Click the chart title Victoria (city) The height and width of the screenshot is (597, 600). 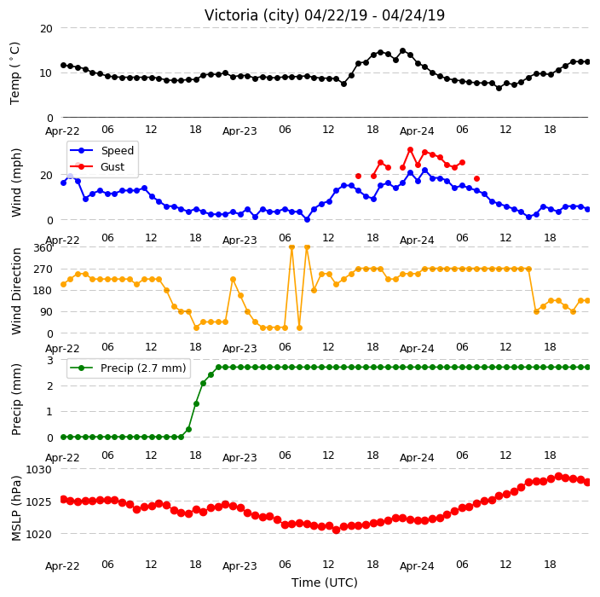point(252,15)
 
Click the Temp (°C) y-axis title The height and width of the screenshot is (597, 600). point(15,72)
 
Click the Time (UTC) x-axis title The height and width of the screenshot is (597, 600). point(325,583)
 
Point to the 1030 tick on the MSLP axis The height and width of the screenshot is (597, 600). point(38,469)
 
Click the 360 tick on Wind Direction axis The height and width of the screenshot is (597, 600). point(43,248)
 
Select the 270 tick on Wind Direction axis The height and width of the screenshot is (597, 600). point(43,270)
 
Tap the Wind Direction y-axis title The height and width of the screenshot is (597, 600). point(16,291)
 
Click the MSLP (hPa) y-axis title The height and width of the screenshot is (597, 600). point(16,507)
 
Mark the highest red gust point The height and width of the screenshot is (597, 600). point(410,150)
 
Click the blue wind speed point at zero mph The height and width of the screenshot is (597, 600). point(307,219)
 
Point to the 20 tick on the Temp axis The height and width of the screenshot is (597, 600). point(46,29)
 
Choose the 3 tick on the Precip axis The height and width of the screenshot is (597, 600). point(50,361)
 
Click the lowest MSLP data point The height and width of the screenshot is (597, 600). point(337,530)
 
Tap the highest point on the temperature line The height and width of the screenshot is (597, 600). point(402,51)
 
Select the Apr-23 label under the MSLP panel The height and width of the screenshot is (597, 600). point(239,566)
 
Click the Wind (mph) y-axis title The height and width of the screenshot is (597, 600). point(16,183)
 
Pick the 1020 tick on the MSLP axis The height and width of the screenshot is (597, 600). point(38,534)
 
